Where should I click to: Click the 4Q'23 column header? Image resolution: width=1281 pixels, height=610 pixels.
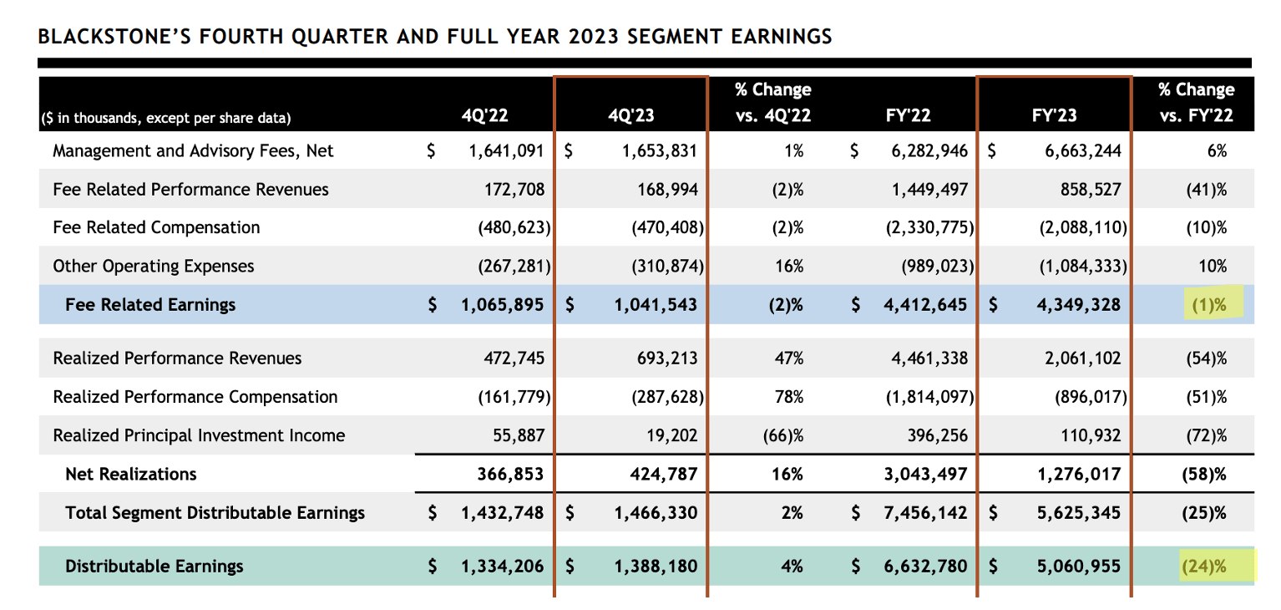630,116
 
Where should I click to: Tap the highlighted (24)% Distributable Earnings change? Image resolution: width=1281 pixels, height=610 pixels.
1203,567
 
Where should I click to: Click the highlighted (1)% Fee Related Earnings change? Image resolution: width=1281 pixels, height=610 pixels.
1207,305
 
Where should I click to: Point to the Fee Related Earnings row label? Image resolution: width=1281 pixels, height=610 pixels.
150,305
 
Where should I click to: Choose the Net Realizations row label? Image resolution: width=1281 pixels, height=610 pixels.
131,475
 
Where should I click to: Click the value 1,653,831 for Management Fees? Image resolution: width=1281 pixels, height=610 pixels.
659,151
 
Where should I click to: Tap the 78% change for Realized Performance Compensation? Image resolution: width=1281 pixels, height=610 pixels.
789,397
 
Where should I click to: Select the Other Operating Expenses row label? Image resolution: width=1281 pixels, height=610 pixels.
154,267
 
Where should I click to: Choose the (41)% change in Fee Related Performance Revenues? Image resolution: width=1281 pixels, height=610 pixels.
1206,190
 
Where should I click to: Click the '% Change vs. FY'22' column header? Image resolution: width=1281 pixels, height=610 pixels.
1196,103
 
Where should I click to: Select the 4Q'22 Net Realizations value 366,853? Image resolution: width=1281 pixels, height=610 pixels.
511,475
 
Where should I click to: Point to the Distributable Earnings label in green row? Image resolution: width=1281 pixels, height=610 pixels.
154,567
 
